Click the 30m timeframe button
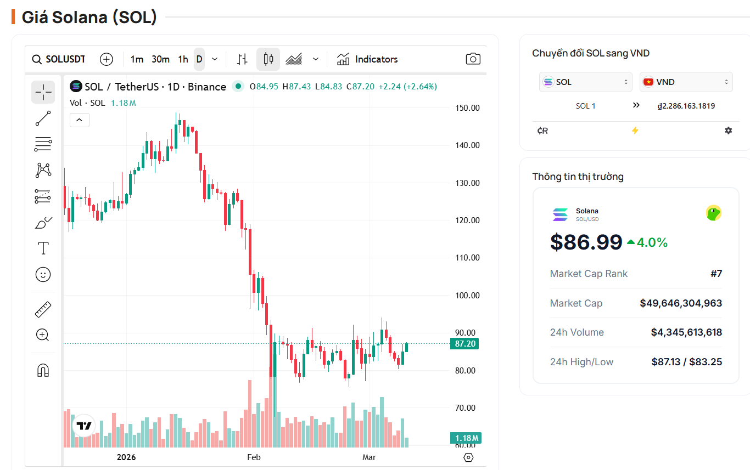pos(160,59)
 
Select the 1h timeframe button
pos(183,59)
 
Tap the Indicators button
pos(367,59)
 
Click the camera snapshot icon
pos(473,59)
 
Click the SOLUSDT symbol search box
pos(59,59)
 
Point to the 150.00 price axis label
pos(467,108)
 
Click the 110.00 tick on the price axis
pos(467,258)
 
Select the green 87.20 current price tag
pos(463,344)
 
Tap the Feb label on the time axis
pos(254,457)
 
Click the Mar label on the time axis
pos(369,457)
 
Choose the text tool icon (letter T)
pos(43,248)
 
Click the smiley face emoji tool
pos(43,274)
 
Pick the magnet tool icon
pos(43,370)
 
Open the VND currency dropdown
pos(686,82)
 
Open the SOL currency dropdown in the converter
pos(585,82)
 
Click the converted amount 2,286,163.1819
pos(686,106)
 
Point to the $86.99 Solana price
pos(586,242)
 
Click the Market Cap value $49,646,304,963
pos(681,303)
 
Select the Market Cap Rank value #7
pos(716,274)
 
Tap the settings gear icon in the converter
pos(728,131)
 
